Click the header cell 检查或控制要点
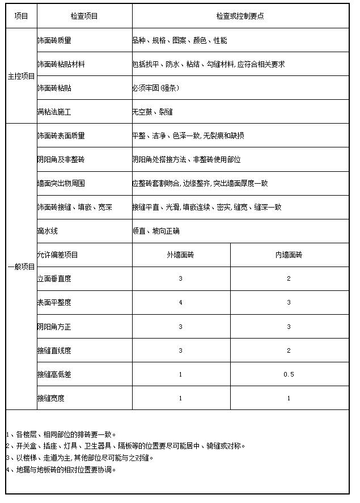[x=240, y=16]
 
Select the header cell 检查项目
[x=84, y=16]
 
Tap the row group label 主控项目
[x=21, y=76]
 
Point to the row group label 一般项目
[x=21, y=267]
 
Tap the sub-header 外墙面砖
[x=181, y=255]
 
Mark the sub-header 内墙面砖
[x=289, y=255]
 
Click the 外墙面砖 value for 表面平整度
[x=181, y=303]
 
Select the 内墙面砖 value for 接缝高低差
[x=289, y=374]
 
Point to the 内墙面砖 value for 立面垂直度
[x=289, y=279]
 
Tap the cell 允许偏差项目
[x=58, y=255]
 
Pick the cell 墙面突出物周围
[x=61, y=184]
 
